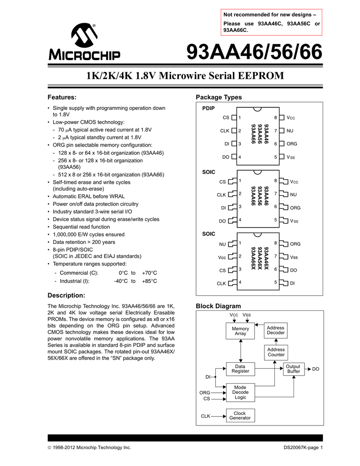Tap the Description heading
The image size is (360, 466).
point(66,295)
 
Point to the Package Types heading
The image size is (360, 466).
point(218,97)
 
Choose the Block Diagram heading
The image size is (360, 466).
point(218,306)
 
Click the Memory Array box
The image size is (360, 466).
point(240,331)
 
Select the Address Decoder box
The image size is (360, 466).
point(276,330)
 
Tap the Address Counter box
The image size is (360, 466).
point(276,352)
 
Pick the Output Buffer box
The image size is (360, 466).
point(294,369)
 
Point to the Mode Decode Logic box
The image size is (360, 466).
point(240,392)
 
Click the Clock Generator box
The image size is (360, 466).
point(240,415)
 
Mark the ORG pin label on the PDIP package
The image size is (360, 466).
point(292,144)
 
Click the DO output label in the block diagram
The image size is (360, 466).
point(316,369)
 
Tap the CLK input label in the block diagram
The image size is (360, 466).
point(205,416)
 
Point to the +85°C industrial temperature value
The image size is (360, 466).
point(149,281)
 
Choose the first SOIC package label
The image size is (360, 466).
point(208,172)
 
